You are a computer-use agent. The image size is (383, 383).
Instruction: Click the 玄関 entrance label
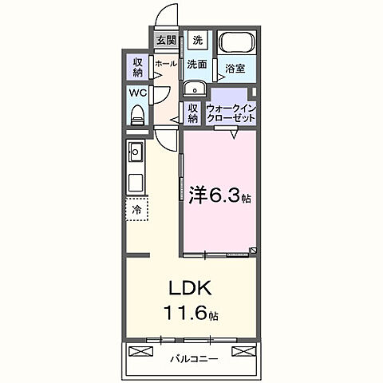click(166, 40)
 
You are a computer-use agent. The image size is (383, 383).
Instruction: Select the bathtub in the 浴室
click(235, 43)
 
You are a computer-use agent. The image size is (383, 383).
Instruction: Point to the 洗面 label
click(197, 63)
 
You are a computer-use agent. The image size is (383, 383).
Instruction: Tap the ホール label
click(166, 63)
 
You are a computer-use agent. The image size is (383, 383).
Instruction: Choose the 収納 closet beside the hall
click(138, 67)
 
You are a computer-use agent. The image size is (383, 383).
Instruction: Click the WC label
click(137, 93)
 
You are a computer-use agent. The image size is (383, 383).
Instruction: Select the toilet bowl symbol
click(137, 116)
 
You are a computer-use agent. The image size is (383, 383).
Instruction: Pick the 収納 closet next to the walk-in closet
click(192, 113)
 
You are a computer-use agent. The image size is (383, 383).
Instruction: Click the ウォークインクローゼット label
click(231, 113)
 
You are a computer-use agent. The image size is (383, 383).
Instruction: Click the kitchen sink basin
click(135, 149)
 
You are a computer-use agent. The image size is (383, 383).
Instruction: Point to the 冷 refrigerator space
click(136, 210)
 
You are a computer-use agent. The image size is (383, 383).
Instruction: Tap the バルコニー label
click(194, 359)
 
